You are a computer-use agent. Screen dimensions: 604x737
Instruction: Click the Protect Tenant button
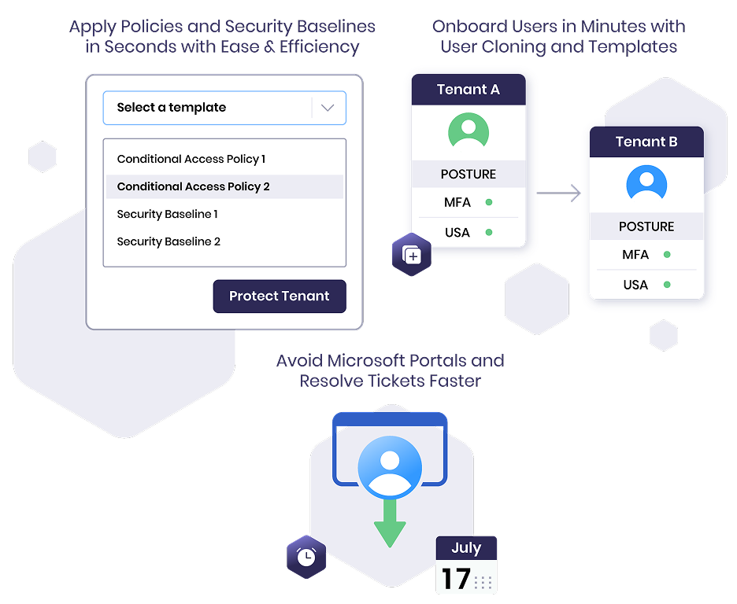pos(280,296)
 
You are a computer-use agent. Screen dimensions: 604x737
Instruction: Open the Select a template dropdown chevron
pos(328,109)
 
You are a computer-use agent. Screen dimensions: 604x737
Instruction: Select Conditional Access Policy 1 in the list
pos(191,159)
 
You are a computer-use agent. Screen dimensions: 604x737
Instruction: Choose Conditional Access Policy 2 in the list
pos(194,186)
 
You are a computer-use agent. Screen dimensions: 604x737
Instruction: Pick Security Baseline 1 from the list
pos(168,214)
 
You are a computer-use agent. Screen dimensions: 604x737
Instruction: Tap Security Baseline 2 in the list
pos(169,241)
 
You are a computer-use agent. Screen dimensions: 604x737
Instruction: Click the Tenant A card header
pos(468,90)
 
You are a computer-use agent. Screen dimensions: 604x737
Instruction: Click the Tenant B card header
pos(646,142)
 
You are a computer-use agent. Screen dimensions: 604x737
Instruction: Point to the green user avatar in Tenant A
pos(468,130)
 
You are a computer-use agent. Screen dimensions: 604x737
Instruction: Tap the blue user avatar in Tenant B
pos(646,182)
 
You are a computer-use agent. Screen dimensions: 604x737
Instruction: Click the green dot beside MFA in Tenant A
pos(489,203)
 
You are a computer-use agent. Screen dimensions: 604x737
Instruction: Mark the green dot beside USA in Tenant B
pos(667,285)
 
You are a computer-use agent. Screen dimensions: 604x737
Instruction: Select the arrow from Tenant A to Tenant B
pos(559,193)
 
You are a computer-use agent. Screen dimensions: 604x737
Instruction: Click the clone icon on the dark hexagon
pos(412,255)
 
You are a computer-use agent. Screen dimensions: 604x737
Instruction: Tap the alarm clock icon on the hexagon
pos(306,558)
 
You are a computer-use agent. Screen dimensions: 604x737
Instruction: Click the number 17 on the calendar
pos(455,580)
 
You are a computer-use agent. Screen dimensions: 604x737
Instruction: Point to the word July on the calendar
pos(466,548)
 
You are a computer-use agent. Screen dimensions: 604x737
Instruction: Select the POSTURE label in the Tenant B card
pos(646,226)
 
